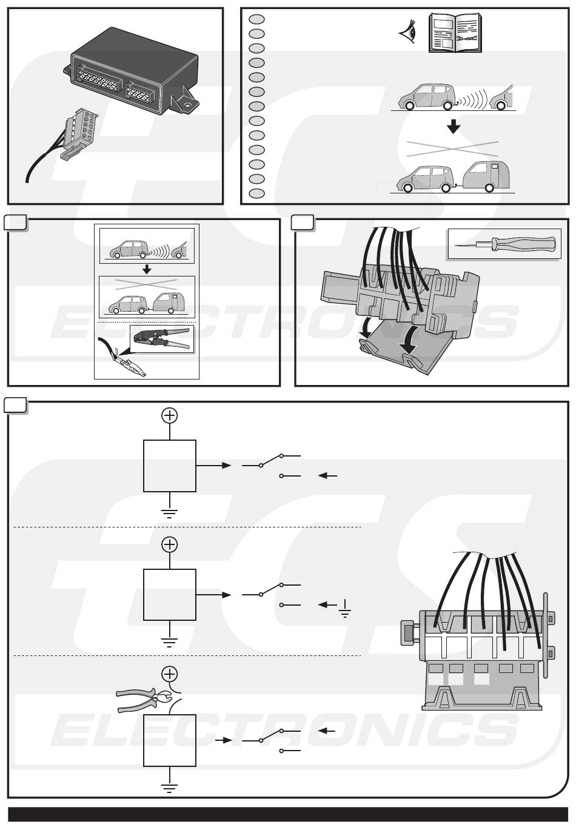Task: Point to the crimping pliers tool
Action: [x=161, y=339]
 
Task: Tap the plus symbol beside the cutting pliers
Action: [x=170, y=674]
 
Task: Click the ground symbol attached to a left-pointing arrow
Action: [x=344, y=607]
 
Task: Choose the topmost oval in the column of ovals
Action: [x=256, y=19]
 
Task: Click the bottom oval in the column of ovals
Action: [x=256, y=193]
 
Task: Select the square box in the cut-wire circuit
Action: [x=170, y=740]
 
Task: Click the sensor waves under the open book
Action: [x=469, y=98]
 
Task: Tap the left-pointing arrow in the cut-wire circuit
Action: [x=327, y=732]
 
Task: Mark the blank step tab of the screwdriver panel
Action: [x=302, y=223]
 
